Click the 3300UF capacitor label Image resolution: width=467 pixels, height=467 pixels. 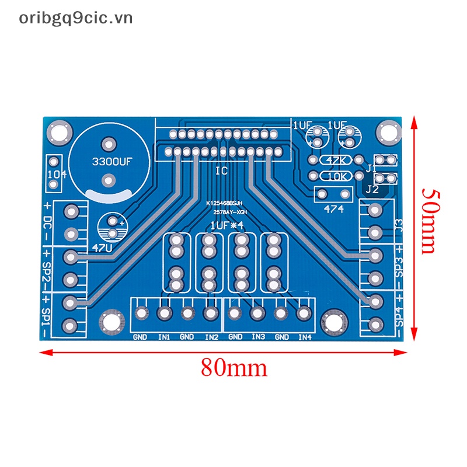click(109, 163)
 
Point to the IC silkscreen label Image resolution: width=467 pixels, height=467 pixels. click(221, 171)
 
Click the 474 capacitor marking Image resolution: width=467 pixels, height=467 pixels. click(334, 210)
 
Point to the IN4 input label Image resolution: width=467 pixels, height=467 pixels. click(305, 337)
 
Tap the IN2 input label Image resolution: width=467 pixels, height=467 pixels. click(211, 337)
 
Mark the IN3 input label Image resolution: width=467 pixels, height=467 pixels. click(258, 337)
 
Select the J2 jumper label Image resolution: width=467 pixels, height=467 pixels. click(372, 189)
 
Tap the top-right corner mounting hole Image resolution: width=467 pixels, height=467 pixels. click(386, 131)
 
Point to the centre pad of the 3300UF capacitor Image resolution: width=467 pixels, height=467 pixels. click(109, 144)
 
